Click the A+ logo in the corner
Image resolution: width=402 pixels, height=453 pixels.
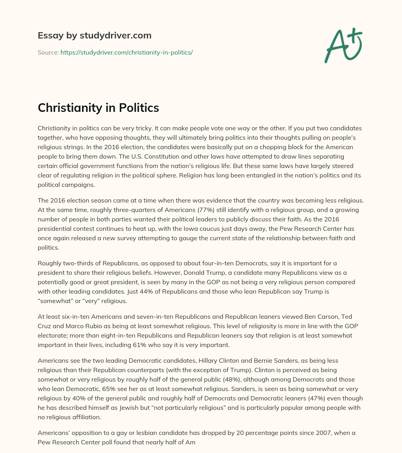[x=343, y=45]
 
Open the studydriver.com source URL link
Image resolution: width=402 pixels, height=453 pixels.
[x=126, y=52]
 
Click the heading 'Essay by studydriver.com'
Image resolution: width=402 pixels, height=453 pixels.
[x=94, y=35]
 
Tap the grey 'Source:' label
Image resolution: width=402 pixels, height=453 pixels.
[x=48, y=52]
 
